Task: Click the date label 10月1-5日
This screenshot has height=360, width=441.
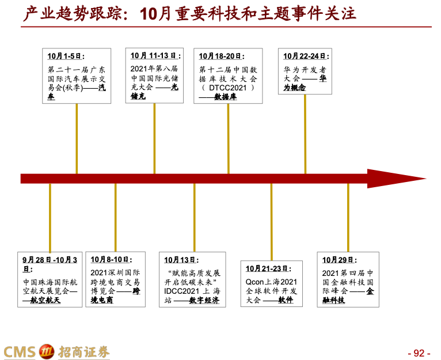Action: [66, 56]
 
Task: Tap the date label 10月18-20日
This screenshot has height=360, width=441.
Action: [221, 56]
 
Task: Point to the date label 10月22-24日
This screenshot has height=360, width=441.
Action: [306, 56]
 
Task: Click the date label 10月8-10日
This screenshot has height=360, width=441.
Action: [111, 260]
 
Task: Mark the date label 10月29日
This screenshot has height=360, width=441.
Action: [339, 260]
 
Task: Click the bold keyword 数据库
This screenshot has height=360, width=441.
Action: [226, 97]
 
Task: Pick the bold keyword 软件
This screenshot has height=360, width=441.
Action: [286, 300]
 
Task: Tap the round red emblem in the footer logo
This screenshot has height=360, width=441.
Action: [46, 351]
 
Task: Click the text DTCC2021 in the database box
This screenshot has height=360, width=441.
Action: [228, 88]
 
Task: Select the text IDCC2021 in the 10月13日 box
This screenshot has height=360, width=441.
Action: [181, 291]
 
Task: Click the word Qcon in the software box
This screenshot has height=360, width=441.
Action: [254, 282]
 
